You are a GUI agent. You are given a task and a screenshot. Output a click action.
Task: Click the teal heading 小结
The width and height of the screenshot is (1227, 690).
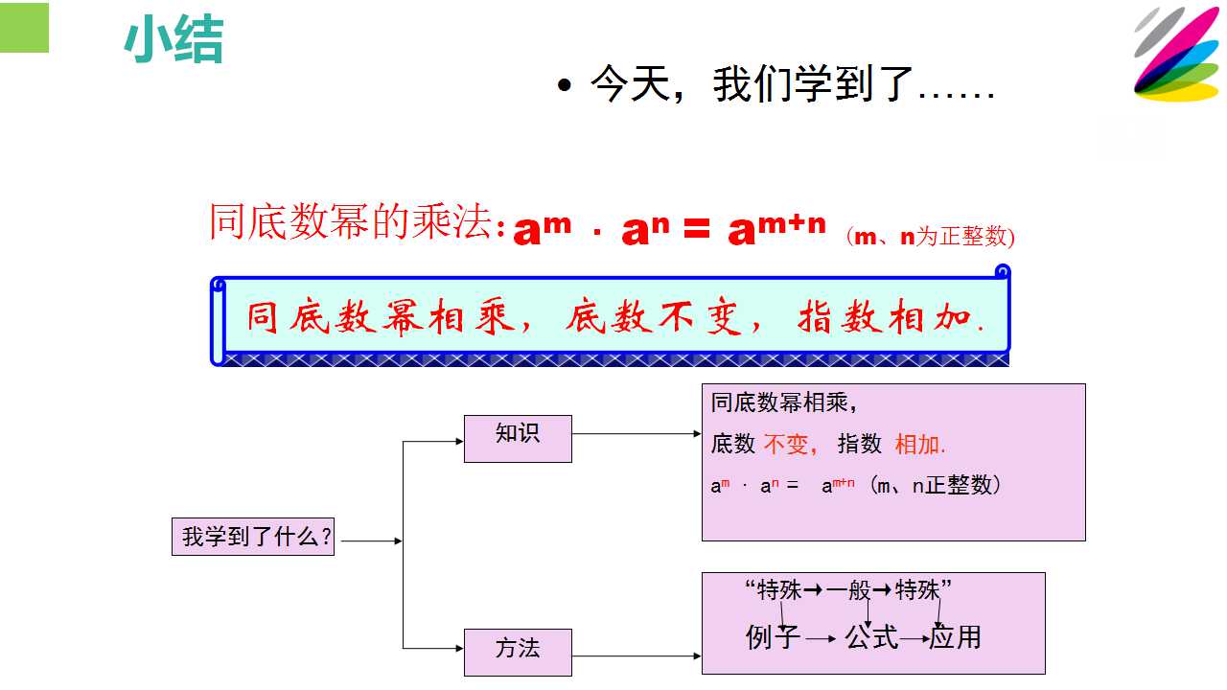pyautogui.click(x=174, y=40)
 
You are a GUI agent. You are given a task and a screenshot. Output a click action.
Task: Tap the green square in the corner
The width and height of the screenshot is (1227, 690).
pyautogui.click(x=24, y=28)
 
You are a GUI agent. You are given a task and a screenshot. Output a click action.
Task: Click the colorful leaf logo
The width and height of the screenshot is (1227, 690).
pyautogui.click(x=1176, y=54)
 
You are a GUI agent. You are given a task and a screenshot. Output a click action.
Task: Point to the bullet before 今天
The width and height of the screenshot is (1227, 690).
pyautogui.click(x=564, y=85)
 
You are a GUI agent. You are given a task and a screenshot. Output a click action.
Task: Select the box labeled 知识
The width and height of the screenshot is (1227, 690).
pyautogui.click(x=518, y=439)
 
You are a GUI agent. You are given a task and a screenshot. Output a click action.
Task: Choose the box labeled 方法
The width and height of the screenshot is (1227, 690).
pyautogui.click(x=518, y=653)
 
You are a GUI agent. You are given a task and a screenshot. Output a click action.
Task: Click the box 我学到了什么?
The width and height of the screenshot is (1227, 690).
pyautogui.click(x=253, y=537)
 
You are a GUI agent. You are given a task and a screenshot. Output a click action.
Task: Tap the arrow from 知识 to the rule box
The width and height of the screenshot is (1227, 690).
pyautogui.click(x=637, y=434)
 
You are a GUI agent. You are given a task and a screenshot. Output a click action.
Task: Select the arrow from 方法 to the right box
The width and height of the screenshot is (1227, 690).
pyautogui.click(x=637, y=655)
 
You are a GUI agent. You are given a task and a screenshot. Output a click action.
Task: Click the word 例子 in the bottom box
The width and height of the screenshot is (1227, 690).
pyautogui.click(x=773, y=637)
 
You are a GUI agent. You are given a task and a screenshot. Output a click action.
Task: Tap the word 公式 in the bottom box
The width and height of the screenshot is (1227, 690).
pyautogui.click(x=871, y=637)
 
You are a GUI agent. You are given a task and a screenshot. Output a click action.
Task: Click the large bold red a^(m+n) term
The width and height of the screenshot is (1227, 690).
pyautogui.click(x=776, y=229)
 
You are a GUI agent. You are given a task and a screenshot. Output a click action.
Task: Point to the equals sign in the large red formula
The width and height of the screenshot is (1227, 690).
pyautogui.click(x=697, y=230)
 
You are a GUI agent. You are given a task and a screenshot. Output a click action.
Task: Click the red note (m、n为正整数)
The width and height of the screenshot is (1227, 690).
pyautogui.click(x=931, y=237)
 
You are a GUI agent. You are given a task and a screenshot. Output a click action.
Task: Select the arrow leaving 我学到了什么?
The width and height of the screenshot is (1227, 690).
pyautogui.click(x=371, y=541)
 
